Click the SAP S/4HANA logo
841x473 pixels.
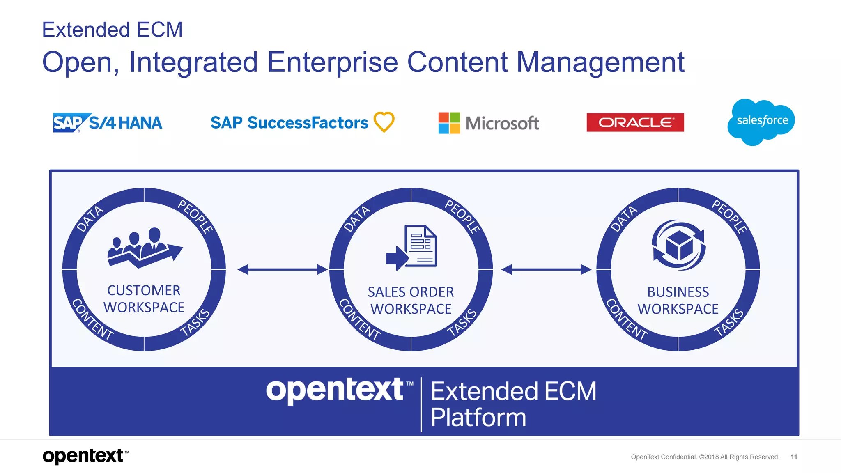107,122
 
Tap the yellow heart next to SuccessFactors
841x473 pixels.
384,122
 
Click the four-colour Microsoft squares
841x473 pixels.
449,123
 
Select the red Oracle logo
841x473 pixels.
635,122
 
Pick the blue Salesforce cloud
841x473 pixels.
761,121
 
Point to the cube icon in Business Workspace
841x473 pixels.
678,245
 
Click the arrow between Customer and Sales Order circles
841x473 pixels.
283,270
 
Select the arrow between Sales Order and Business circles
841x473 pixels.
546,270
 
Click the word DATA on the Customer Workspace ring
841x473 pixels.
90,219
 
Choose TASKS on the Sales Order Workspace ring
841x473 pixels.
462,323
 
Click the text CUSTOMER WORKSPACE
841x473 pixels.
144,299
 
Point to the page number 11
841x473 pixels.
794,457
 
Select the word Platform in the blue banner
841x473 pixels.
478,418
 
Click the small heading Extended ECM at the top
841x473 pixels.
112,30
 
